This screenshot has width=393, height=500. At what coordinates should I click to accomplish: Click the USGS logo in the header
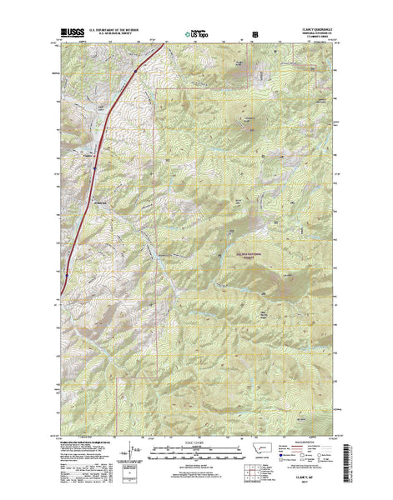pyautogui.click(x=70, y=35)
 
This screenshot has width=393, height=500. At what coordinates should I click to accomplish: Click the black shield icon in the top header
pyautogui.click(x=254, y=36)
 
